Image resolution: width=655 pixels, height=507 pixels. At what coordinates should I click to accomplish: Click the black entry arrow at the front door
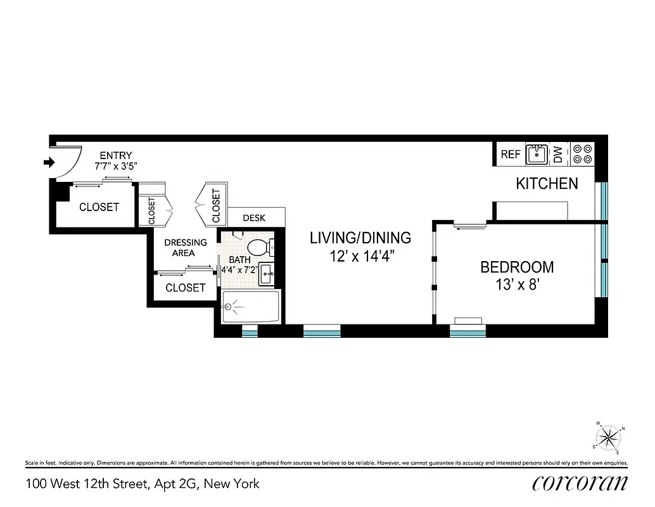(48, 163)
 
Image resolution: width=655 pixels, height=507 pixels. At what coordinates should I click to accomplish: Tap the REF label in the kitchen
(510, 154)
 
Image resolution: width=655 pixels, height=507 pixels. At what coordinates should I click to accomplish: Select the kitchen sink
(537, 154)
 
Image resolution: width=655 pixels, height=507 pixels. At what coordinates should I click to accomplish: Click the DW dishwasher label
(558, 154)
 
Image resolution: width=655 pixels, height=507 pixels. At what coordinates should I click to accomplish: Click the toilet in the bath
(258, 247)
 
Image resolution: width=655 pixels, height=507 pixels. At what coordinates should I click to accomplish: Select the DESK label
(254, 217)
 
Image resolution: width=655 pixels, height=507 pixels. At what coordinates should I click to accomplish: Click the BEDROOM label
(517, 267)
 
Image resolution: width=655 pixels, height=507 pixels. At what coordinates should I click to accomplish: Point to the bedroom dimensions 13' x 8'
(517, 285)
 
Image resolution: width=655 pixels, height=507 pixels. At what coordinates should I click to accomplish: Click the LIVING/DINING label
(360, 238)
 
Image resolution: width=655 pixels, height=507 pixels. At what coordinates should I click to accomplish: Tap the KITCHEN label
(547, 184)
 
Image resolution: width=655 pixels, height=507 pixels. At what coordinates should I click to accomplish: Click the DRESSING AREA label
(186, 247)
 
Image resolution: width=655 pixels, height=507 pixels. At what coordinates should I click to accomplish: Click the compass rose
(608, 437)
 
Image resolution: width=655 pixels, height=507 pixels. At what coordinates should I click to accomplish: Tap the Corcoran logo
(580, 483)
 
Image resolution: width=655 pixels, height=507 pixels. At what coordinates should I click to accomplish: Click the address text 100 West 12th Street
(143, 484)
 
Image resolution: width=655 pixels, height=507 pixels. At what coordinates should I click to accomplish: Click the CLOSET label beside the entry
(99, 207)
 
